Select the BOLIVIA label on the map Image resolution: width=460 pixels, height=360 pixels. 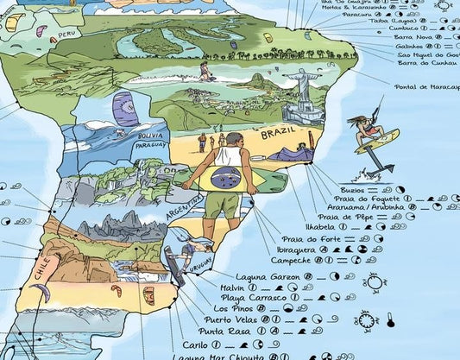point(149,136)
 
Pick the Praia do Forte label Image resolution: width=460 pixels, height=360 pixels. point(302,238)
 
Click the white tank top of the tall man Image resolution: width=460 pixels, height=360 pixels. point(229,156)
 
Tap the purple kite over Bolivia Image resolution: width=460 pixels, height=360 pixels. point(124,108)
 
